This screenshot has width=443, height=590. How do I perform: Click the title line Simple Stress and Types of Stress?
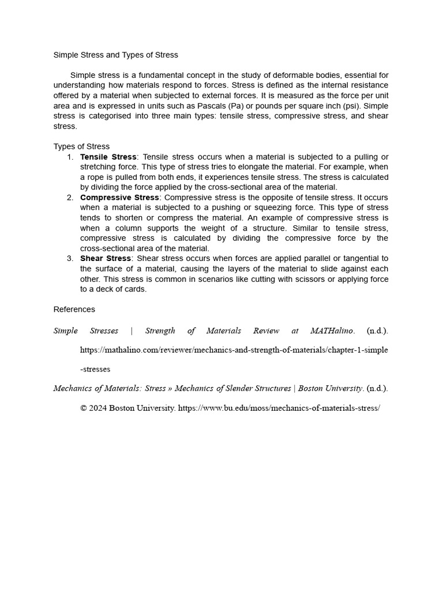[115, 55]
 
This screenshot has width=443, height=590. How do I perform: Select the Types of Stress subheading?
[81, 146]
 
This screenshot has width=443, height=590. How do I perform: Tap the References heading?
[74, 309]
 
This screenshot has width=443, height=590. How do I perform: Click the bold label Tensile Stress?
[108, 157]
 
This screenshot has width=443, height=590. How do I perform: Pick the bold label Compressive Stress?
[119, 198]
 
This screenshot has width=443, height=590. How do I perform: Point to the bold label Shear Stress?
[106, 258]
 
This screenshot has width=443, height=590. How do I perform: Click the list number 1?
[70, 157]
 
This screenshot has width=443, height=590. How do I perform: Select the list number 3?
[70, 258]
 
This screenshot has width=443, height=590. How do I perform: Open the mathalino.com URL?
[234, 350]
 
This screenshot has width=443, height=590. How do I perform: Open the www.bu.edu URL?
[279, 408]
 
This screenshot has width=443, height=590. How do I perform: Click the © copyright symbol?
[84, 408]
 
